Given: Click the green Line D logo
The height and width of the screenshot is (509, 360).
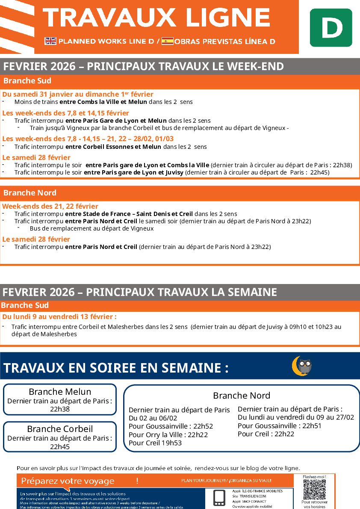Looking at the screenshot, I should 331,27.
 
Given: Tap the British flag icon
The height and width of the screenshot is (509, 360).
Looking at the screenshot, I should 50,41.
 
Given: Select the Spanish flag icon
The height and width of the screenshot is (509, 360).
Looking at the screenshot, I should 167,41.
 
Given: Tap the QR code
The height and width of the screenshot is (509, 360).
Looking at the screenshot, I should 314,489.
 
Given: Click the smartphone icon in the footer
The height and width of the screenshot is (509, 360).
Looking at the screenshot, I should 219,497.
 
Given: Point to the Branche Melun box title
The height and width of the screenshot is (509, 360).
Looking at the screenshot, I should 60,391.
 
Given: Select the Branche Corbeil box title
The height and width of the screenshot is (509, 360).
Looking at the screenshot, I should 60,429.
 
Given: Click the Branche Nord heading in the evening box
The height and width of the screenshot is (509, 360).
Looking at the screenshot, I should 242,395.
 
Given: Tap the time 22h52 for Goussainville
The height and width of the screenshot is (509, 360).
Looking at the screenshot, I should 203,426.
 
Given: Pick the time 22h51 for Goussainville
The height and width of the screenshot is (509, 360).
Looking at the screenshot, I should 312,426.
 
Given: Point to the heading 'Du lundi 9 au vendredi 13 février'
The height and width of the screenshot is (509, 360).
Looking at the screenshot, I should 59,317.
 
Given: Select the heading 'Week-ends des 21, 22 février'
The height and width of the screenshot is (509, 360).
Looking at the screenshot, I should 50,206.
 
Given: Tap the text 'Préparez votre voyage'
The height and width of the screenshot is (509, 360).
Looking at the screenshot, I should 68,481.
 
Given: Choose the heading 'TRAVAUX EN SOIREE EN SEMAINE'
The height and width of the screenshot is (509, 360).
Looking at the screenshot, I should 116,368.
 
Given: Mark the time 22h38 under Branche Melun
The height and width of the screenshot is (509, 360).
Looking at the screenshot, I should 60,409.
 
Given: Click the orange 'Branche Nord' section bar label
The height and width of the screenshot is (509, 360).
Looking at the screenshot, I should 30,193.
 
